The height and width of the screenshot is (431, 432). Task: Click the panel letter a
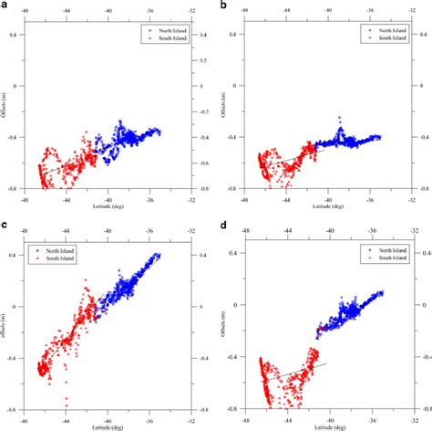[x=5, y=6]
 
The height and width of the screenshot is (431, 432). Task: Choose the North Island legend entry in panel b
[x=380, y=29]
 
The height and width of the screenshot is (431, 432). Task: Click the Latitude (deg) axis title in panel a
[x=108, y=205]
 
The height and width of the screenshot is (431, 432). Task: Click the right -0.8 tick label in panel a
[x=201, y=189]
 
